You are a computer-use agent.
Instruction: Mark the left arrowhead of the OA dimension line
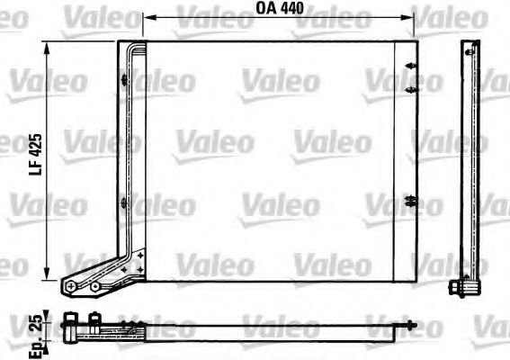(149, 18)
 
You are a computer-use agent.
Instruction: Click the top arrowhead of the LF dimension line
(49, 46)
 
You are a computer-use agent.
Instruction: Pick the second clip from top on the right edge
(410, 89)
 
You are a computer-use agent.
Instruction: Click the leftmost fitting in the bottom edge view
(70, 320)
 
